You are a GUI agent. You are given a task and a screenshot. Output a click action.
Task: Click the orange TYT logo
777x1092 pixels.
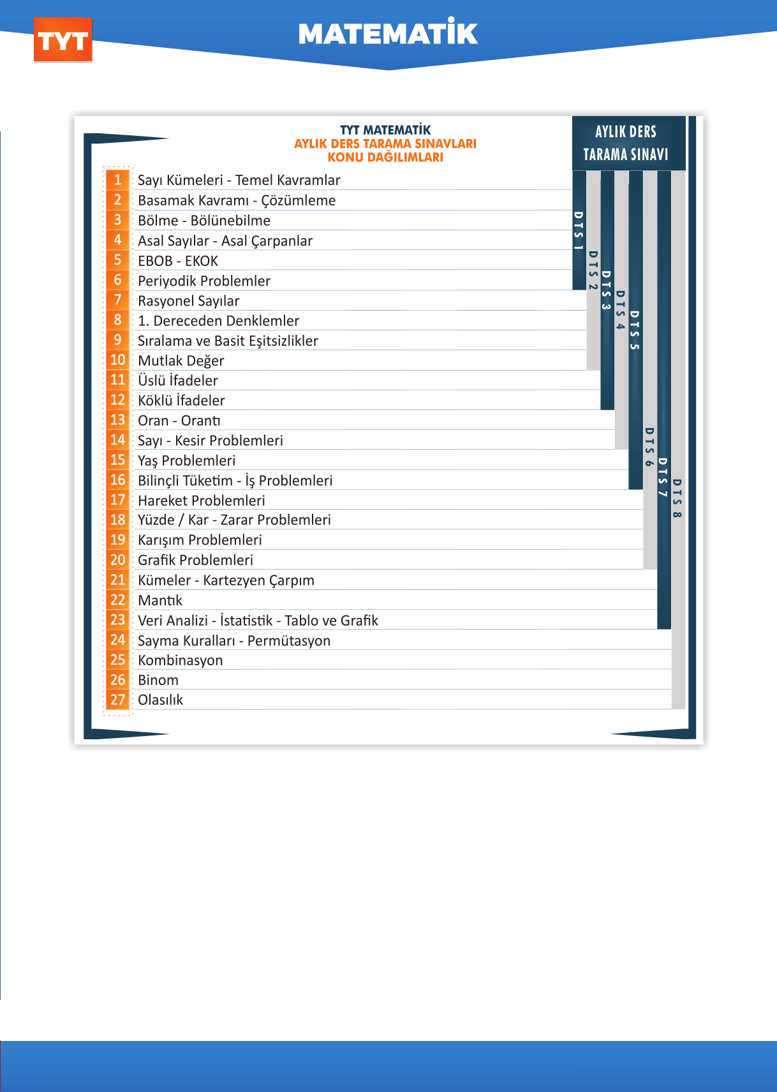[x=63, y=41]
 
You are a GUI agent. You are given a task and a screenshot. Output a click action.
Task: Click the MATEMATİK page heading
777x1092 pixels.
[x=388, y=34]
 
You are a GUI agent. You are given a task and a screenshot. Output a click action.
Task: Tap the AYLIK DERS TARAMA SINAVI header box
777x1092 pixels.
[x=625, y=143]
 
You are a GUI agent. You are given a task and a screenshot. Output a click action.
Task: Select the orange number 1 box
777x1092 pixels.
[x=118, y=180]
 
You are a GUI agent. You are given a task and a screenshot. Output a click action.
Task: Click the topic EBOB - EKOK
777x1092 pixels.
[x=178, y=261]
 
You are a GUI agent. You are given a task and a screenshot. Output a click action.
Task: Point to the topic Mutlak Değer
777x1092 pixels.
[x=181, y=360]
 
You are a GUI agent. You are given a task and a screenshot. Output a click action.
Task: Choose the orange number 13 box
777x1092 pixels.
[x=118, y=420]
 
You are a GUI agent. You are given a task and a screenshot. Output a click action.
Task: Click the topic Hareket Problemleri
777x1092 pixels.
[x=202, y=500]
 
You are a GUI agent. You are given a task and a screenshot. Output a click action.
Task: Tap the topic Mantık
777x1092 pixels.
[x=160, y=600]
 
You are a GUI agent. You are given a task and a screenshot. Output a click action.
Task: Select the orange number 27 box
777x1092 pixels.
[x=118, y=700]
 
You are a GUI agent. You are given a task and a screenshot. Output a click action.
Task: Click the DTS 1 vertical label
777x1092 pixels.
[x=579, y=230]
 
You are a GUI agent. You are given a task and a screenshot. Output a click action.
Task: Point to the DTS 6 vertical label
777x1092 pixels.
[x=649, y=447]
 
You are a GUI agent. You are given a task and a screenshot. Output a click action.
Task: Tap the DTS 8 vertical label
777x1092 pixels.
[x=677, y=498]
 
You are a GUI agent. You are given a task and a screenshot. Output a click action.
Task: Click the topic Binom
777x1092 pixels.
[x=158, y=680]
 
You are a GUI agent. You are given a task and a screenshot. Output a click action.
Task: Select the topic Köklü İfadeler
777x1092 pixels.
[x=182, y=401]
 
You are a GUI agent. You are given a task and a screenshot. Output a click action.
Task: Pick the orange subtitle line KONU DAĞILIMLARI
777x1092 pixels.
[x=385, y=158]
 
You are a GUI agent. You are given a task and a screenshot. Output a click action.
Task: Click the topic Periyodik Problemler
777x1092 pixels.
[x=204, y=281]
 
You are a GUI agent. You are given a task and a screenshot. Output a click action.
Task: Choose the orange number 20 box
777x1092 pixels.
[x=118, y=560]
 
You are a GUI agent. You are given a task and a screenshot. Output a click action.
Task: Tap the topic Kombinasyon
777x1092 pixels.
[x=181, y=660]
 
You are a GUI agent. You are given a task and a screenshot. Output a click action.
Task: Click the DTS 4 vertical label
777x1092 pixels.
[x=621, y=310]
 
